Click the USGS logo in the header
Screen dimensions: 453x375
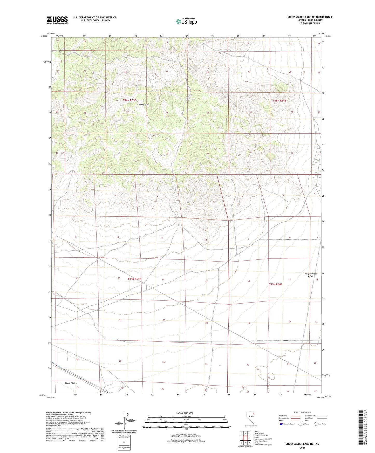point(57,20)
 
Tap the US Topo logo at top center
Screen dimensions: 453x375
point(186,21)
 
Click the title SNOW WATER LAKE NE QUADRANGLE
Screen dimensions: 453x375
point(310,17)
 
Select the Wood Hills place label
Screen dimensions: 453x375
point(144,105)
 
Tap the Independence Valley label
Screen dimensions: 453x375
point(310,275)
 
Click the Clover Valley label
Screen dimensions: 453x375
point(71,383)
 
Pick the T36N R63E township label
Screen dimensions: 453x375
point(129,100)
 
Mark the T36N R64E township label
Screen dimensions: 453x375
point(279,100)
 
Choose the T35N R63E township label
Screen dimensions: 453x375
point(134,279)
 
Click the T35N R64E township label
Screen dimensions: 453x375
point(275,284)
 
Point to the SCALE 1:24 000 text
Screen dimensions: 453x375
point(184,413)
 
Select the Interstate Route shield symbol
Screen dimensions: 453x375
point(281,424)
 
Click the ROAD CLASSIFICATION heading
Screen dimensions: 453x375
point(302,412)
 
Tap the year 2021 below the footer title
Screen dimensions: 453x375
point(302,448)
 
